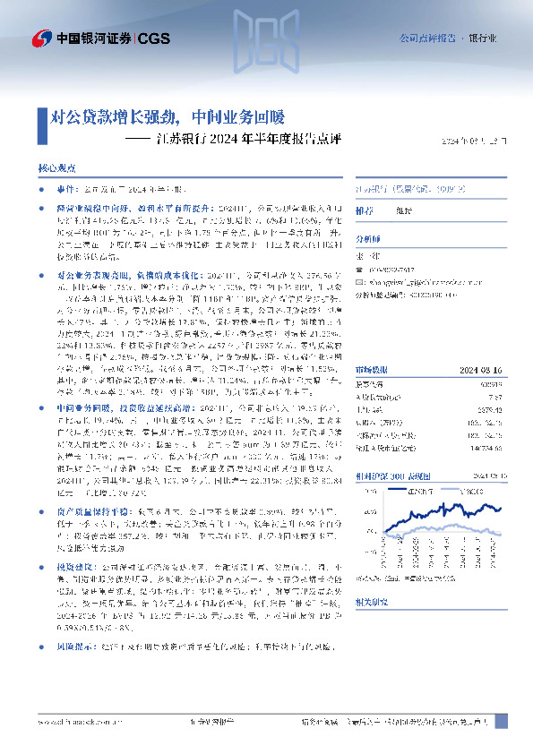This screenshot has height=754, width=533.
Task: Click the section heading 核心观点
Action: tap(56, 167)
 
